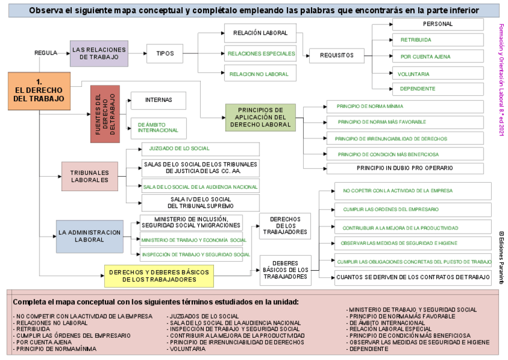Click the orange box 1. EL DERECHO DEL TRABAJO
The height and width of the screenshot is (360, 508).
(40, 91)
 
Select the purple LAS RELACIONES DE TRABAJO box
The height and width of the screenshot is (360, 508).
(99, 53)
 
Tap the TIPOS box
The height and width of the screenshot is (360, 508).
(165, 53)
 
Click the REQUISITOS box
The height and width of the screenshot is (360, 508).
(336, 56)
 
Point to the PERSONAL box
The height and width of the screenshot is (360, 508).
(437, 25)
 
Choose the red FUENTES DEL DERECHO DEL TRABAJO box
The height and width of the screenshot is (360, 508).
(105, 114)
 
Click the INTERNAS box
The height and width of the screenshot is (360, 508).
(158, 101)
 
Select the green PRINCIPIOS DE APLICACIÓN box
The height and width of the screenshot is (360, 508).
(260, 117)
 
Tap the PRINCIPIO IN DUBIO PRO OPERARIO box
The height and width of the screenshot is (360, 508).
(404, 168)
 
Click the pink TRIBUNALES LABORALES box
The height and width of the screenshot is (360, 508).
(89, 176)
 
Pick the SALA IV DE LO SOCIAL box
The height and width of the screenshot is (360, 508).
(200, 202)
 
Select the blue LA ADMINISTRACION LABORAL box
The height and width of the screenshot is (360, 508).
(89, 236)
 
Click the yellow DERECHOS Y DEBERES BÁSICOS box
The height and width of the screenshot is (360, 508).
(159, 276)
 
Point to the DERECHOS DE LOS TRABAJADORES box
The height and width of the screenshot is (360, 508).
(285, 226)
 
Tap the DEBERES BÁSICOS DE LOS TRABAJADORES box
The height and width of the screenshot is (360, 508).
(285, 270)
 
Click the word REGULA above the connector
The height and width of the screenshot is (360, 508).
(46, 53)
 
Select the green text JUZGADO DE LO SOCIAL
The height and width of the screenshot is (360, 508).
(179, 149)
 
